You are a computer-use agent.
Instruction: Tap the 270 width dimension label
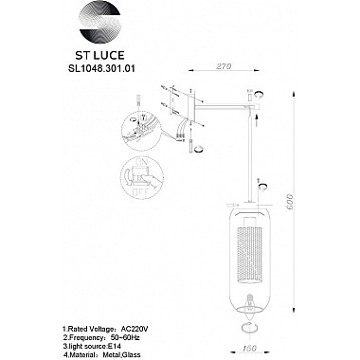[x=223, y=68]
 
